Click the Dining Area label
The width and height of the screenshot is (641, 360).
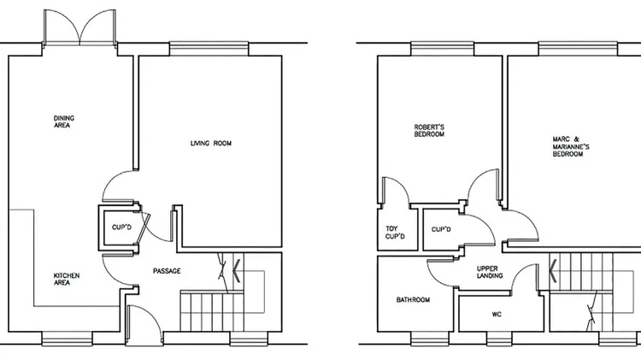(64, 122)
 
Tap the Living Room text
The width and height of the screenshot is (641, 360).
(211, 143)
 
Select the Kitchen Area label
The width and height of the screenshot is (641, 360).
(67, 279)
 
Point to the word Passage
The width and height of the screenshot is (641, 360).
(167, 271)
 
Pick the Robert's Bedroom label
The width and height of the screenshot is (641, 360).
(429, 131)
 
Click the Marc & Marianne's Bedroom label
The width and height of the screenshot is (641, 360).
(571, 146)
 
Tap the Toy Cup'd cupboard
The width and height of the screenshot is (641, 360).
(397, 229)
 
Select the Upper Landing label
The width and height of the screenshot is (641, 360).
(490, 272)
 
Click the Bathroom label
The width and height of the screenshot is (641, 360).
(413, 300)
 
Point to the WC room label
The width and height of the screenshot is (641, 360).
(497, 314)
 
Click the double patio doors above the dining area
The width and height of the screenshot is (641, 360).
(80, 27)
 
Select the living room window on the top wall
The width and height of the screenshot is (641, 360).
(209, 49)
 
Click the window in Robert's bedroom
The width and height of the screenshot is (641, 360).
(443, 49)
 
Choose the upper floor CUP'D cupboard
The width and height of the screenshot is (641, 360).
(442, 229)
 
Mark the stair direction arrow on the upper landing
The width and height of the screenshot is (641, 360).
(553, 271)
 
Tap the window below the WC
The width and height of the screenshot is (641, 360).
(499, 339)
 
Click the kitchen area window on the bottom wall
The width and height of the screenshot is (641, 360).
(68, 339)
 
